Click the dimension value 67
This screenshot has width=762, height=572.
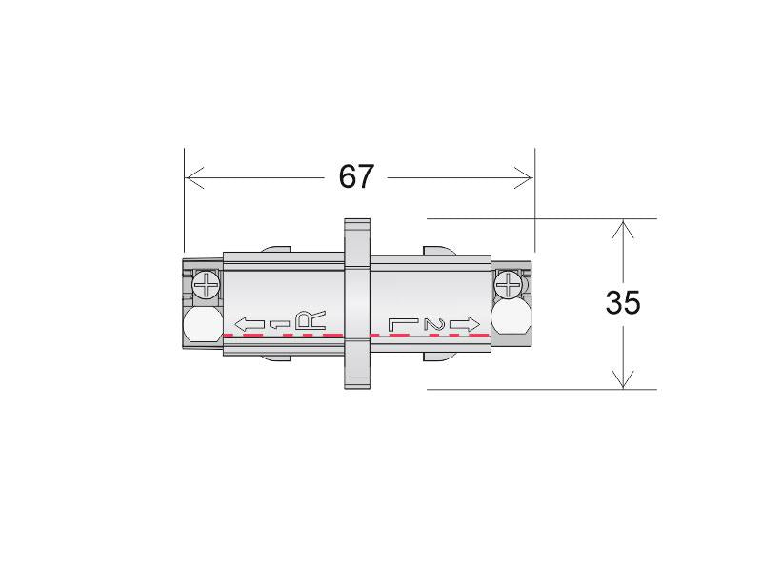[356, 176]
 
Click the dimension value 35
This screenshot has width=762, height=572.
[623, 302]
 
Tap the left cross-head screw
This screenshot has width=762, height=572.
[207, 284]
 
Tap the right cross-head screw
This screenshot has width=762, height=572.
[509, 284]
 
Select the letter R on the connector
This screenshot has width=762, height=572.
[311, 321]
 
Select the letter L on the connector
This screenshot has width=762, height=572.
[403, 324]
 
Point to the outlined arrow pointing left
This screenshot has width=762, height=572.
[250, 324]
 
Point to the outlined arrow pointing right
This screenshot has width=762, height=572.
[465, 324]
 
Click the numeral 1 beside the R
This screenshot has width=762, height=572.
[279, 324]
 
